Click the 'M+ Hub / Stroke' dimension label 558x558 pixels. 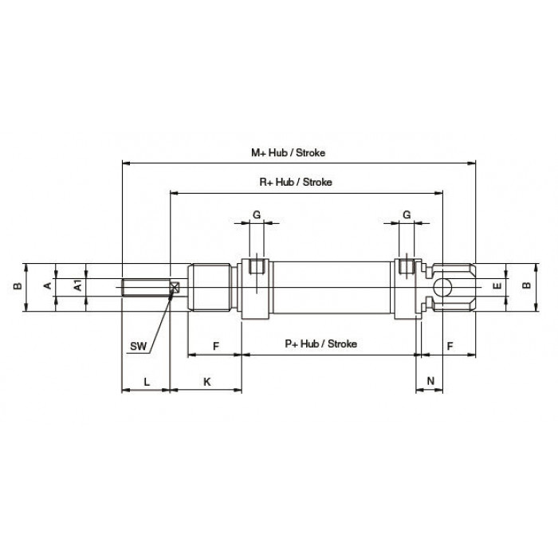[288, 153]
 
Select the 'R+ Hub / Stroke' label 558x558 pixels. [296, 183]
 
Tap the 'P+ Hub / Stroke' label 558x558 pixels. [320, 344]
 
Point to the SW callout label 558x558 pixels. [138, 346]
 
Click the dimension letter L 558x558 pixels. [147, 382]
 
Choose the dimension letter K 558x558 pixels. [206, 382]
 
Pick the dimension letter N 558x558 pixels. [430, 381]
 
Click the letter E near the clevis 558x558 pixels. [497, 285]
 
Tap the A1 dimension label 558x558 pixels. [77, 285]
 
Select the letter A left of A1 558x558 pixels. [47, 285]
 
